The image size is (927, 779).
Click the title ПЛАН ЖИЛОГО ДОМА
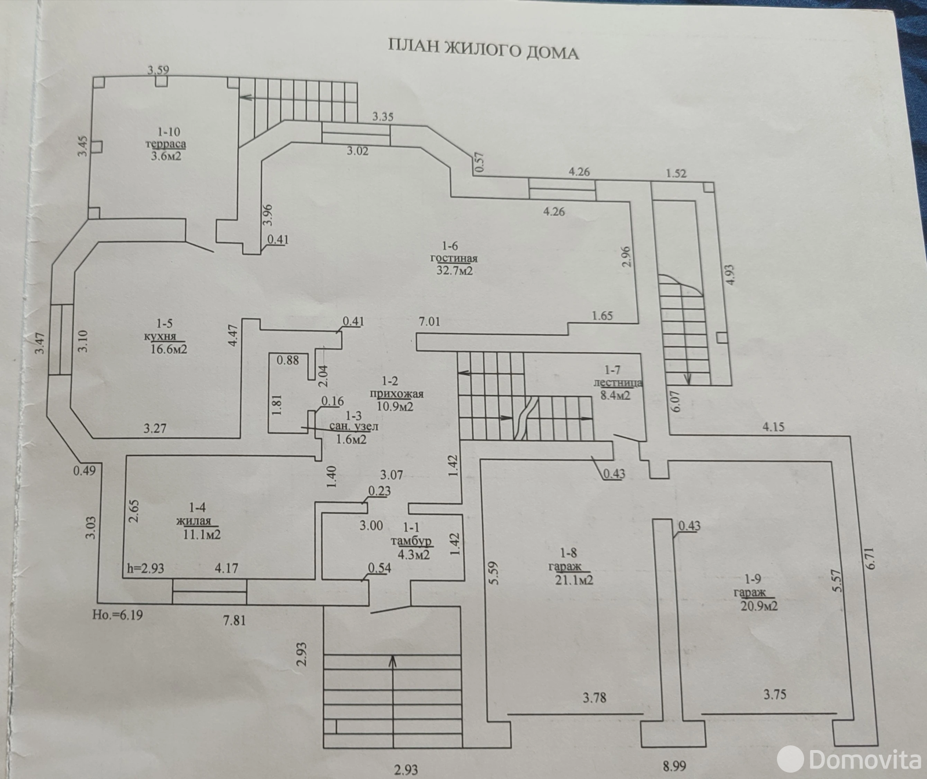click(x=483, y=50)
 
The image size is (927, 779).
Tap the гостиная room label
click(x=454, y=258)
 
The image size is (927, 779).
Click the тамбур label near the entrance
click(x=411, y=542)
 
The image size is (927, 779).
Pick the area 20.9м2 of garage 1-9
click(x=759, y=606)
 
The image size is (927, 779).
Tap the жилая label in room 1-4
click(x=194, y=521)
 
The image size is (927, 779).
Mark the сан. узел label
click(x=353, y=427)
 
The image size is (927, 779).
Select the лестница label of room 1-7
click(x=618, y=383)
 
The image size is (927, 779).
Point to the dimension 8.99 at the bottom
click(x=675, y=766)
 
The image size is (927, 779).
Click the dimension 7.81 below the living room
click(x=234, y=620)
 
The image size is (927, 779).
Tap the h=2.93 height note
click(x=145, y=568)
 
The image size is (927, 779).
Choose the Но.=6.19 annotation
click(x=117, y=615)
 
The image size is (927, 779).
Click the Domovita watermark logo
click(x=849, y=757)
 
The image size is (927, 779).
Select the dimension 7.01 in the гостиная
click(x=429, y=321)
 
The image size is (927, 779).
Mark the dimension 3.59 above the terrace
click(x=158, y=71)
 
